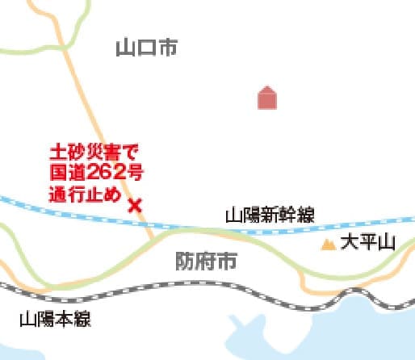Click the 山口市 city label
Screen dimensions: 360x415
(x=146, y=48)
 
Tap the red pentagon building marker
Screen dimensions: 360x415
(x=267, y=98)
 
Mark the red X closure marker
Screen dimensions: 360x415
(x=135, y=204)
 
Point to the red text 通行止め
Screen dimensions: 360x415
(x=85, y=194)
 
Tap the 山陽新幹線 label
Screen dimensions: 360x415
(x=269, y=215)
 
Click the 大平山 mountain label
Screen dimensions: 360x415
(x=368, y=242)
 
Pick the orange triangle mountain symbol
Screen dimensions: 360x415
(x=329, y=243)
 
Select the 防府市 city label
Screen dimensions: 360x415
(x=206, y=261)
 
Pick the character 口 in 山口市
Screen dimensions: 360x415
(x=146, y=48)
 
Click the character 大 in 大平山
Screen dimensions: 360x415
(x=349, y=242)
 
